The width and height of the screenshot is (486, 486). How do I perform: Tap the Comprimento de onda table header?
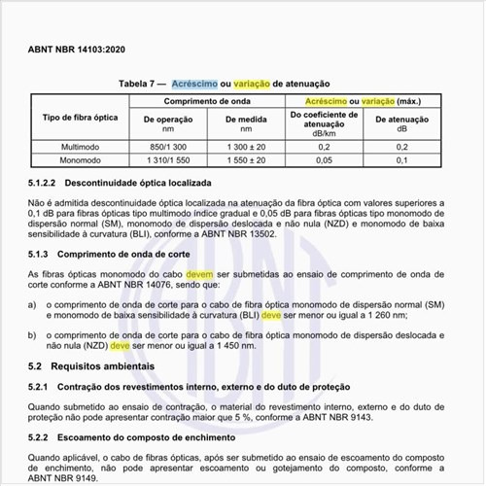point(209,100)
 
